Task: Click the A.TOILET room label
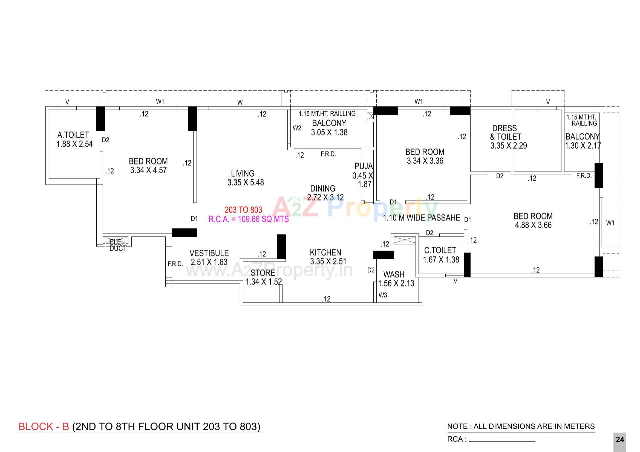[73, 135]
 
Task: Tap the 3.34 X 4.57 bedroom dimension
[148, 170]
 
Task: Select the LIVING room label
[243, 174]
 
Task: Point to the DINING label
[323, 189]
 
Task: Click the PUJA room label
[364, 166]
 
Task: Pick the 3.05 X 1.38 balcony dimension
[329, 133]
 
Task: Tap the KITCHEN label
[326, 252]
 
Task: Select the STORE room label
[263, 273]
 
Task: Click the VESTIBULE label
[209, 253]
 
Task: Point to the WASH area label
[394, 274]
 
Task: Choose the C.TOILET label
[440, 250]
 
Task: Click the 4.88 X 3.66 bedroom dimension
[533, 225]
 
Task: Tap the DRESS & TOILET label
[505, 133]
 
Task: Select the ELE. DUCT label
[118, 245]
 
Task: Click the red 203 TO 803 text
[243, 210]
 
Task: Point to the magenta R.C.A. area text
[249, 219]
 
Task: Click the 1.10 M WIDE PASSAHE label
[422, 218]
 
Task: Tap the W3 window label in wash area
[383, 295]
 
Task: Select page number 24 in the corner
[620, 440]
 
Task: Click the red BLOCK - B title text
[44, 427]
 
